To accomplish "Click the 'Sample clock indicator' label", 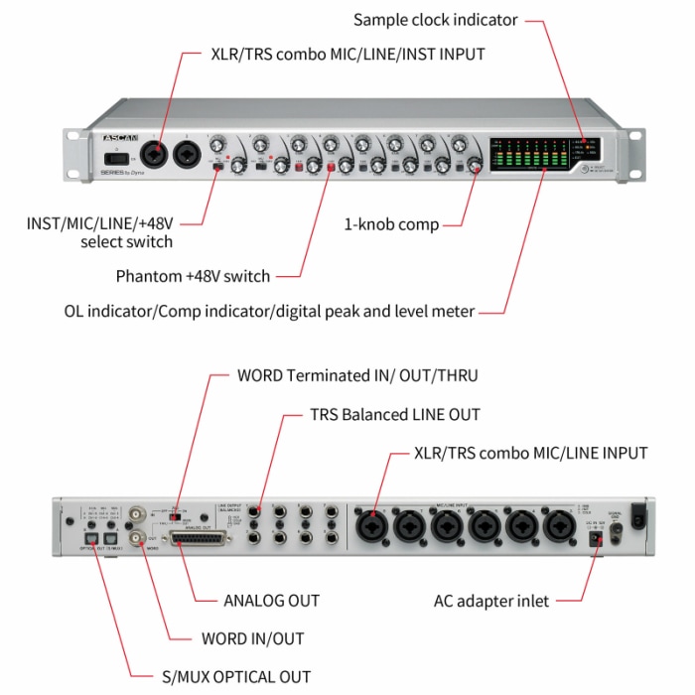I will tap(435, 20).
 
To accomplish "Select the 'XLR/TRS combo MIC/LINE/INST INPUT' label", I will tap(347, 54).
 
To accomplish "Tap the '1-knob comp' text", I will tap(391, 224).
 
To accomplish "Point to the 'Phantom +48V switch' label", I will tap(193, 276).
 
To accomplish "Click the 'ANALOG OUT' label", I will tap(271, 601).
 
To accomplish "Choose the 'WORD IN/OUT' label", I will tap(252, 638).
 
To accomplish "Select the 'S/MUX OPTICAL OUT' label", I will tap(236, 676).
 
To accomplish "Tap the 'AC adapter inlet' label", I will tap(491, 601).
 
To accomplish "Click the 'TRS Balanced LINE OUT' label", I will tap(395, 414).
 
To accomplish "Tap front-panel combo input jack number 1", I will tap(156, 155).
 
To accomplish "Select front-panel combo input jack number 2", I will tap(188, 156).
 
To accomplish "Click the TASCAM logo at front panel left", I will tap(120, 136).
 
